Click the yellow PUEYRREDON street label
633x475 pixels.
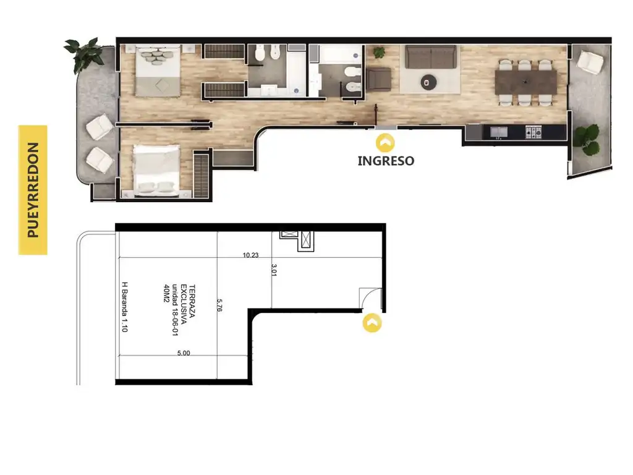(x=33, y=190)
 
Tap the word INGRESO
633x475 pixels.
(x=386, y=161)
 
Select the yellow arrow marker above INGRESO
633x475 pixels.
(x=385, y=143)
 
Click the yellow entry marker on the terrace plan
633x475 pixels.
(x=372, y=323)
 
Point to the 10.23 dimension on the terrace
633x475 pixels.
(x=250, y=255)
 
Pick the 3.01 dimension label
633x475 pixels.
(x=274, y=270)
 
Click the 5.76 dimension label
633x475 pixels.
(x=219, y=305)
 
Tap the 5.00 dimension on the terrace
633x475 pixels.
(x=184, y=353)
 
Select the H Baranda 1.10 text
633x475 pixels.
(x=125, y=307)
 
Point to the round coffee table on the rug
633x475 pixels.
(x=428, y=82)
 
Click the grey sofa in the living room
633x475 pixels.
(x=431, y=57)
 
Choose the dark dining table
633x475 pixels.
(x=525, y=82)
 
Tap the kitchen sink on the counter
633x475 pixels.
(x=499, y=132)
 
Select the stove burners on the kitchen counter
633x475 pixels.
(x=533, y=132)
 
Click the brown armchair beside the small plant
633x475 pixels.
(x=378, y=79)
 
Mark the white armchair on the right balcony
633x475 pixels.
(x=590, y=62)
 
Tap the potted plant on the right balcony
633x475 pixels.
(x=587, y=139)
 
